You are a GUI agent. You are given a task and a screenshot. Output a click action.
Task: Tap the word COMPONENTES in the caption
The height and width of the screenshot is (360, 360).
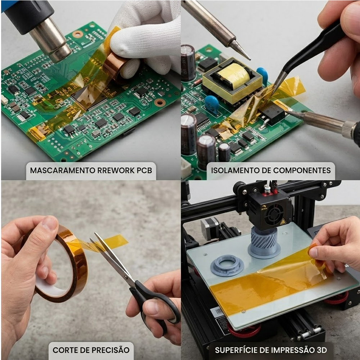tap(302, 170)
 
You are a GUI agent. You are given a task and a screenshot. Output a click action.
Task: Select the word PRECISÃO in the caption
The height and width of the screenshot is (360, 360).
tap(110, 350)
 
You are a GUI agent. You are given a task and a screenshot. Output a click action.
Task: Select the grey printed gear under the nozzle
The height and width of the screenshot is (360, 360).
tap(264, 242)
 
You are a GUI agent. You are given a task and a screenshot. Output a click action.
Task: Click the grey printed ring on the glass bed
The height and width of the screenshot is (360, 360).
tap(227, 265)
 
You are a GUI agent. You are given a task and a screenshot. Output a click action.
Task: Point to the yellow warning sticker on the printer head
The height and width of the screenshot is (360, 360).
tap(283, 222)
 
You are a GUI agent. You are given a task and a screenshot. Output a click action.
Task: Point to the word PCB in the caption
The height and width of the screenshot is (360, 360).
tap(144, 170)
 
